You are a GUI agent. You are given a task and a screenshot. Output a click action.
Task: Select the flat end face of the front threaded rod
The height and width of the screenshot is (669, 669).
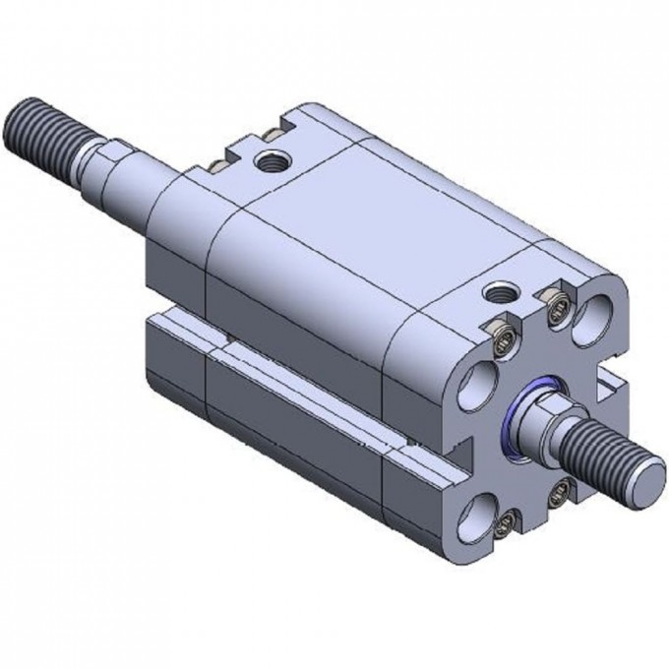(x=641, y=481)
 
